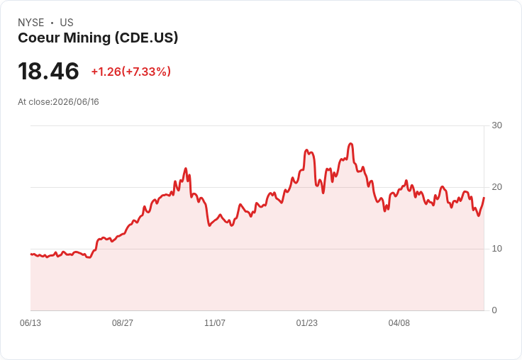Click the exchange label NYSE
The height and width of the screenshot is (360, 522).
(x=31, y=23)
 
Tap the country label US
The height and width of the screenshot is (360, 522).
(x=67, y=23)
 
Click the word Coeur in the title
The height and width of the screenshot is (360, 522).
(x=38, y=38)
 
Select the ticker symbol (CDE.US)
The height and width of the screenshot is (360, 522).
(x=147, y=38)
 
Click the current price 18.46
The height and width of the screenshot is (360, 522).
(x=49, y=71)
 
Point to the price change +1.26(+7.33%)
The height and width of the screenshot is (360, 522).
(x=131, y=72)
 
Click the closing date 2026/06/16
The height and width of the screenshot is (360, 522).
(x=76, y=102)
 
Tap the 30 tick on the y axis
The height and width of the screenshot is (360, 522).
(x=496, y=125)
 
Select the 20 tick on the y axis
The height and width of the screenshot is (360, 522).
(x=496, y=187)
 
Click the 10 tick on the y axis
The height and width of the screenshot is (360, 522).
(x=496, y=249)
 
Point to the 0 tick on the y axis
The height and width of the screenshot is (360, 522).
(x=494, y=310)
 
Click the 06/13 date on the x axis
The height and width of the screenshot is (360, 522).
(x=30, y=323)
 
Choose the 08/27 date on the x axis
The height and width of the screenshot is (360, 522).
(x=123, y=323)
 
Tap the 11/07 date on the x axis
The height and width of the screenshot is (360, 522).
(x=215, y=323)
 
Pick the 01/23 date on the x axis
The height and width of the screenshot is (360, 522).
(x=307, y=323)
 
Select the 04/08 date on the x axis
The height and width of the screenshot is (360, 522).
(x=399, y=323)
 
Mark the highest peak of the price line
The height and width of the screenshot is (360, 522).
(x=350, y=144)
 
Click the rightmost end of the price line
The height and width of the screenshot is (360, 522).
(x=484, y=198)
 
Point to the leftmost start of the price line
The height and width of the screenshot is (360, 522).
(x=31, y=254)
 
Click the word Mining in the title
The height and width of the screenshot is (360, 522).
(x=87, y=38)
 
